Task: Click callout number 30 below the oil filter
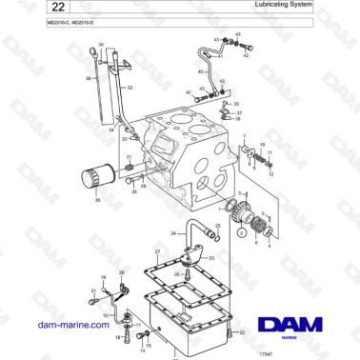click(96, 202)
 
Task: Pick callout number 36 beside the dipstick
click(88, 78)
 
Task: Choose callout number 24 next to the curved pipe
click(172, 232)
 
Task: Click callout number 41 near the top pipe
click(220, 56)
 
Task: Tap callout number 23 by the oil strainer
click(212, 257)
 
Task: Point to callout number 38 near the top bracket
click(240, 118)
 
